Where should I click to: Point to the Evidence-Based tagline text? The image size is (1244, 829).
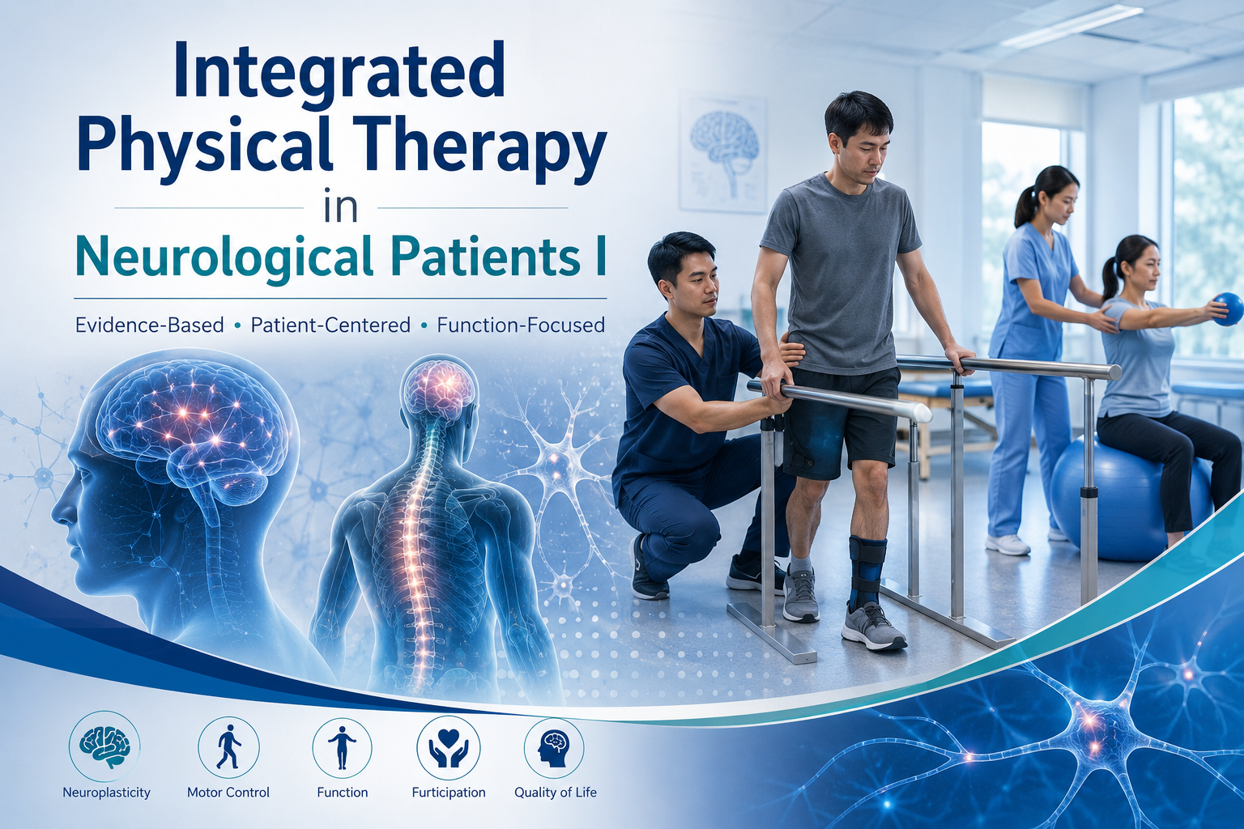click(x=149, y=325)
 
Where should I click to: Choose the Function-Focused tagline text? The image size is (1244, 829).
click(x=521, y=325)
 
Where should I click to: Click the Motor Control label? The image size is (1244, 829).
click(x=228, y=793)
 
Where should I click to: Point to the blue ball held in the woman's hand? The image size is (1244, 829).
click(x=1227, y=309)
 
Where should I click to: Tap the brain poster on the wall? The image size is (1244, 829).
click(x=723, y=154)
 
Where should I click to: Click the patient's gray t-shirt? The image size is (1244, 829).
click(x=841, y=272)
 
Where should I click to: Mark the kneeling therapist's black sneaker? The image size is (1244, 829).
click(x=644, y=572)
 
